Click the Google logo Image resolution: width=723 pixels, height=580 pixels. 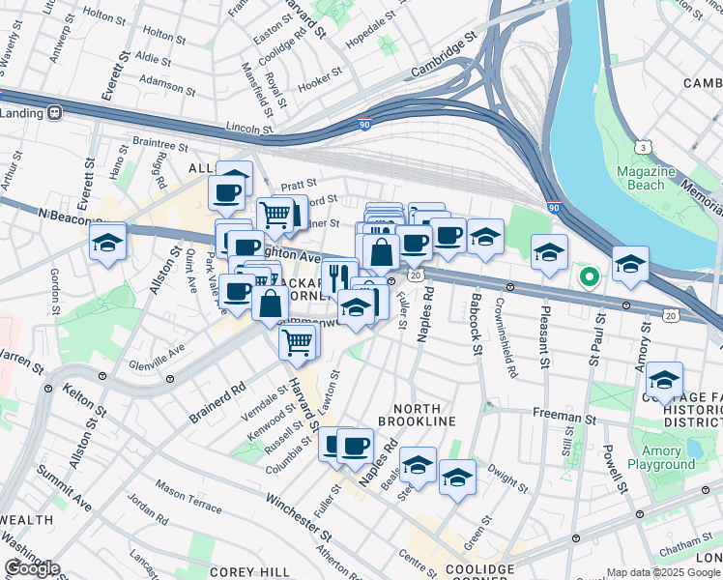tap(32, 568)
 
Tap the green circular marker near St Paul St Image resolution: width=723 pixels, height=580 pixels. tap(589, 278)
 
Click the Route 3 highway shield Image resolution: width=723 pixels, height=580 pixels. tap(642, 147)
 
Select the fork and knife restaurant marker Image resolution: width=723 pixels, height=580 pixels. tap(336, 276)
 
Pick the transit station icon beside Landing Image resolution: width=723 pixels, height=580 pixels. tap(55, 112)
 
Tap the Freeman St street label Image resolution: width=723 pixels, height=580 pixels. tap(564, 419)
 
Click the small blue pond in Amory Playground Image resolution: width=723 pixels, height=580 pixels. tap(693, 449)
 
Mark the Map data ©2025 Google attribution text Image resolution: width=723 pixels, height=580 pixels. tap(663, 572)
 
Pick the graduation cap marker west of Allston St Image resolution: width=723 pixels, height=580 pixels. tap(108, 243)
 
